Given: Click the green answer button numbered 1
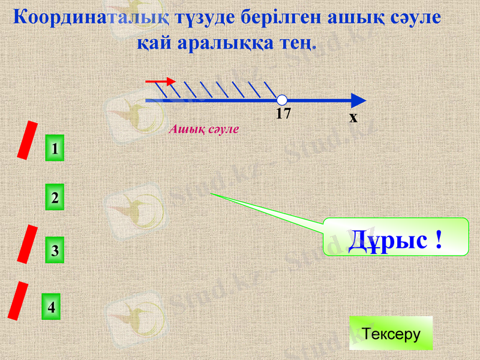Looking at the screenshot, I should coord(55,148).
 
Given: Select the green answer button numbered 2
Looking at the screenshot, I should coord(55,197).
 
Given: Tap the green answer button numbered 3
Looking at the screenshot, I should coord(55,251).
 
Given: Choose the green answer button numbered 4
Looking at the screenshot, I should coord(52,307).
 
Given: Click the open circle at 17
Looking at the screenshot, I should coord(282,100).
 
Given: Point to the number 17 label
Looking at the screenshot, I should coord(283,113).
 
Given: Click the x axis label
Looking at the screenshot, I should coord(353,117).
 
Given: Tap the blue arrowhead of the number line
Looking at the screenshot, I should coord(358,100).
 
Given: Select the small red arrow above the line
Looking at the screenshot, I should coord(161,81).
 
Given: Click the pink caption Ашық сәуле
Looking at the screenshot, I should coord(204,128).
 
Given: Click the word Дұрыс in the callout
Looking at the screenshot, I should coord(386,240).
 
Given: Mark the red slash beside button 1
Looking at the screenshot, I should coord(27,140).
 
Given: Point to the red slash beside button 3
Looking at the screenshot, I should coord(27,244).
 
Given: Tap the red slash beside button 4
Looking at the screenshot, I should coord(19,301).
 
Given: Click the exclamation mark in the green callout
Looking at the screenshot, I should coord(439,240).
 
